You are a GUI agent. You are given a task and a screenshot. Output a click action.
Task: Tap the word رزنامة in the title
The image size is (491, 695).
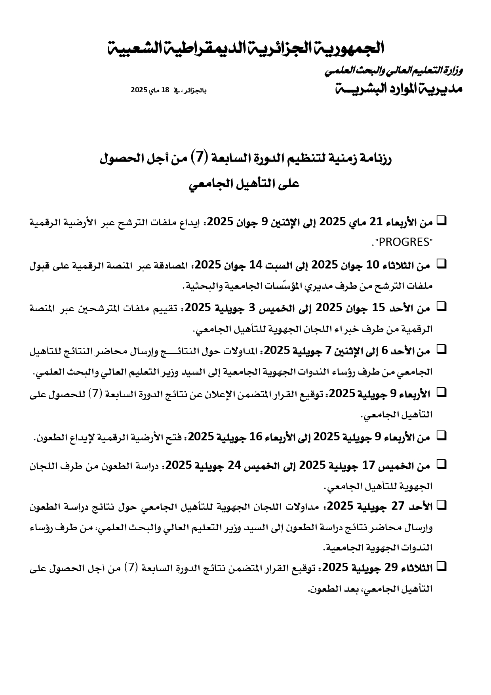coord(376,159)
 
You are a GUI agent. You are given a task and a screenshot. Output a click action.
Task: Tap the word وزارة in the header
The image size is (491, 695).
coord(453,71)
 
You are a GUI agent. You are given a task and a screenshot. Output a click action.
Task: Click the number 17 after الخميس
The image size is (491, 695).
coord(368,466)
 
